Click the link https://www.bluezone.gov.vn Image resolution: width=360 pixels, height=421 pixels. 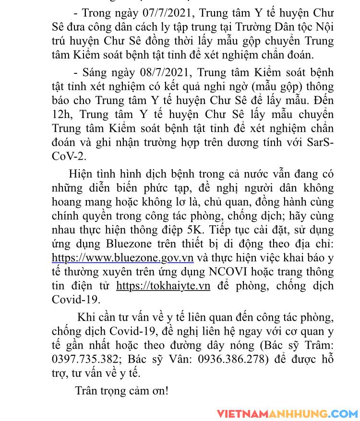click(x=122, y=258)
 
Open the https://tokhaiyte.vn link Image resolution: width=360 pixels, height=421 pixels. click(x=163, y=286)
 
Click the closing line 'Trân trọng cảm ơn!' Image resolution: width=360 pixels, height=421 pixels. click(x=122, y=390)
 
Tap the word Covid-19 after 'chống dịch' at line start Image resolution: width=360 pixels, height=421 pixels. click(x=76, y=300)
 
